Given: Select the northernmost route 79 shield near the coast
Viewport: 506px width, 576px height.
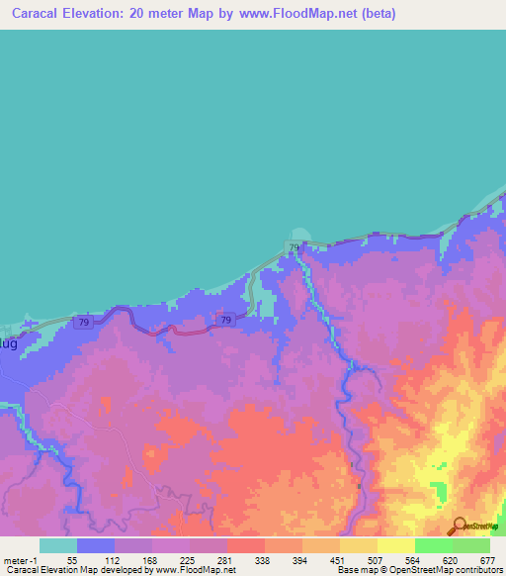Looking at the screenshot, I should [x=295, y=246].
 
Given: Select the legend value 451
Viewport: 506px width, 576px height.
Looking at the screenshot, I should [x=337, y=559].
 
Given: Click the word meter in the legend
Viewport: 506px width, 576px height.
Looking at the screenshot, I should [x=18, y=559].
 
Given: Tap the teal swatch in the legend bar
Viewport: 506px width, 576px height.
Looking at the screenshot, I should [x=58, y=545].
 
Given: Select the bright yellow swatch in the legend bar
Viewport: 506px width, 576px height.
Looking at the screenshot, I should [x=396, y=545].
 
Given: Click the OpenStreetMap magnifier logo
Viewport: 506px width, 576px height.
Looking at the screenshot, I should [x=458, y=527].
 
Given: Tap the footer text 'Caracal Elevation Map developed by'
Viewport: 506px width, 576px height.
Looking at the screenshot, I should [x=69, y=570].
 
